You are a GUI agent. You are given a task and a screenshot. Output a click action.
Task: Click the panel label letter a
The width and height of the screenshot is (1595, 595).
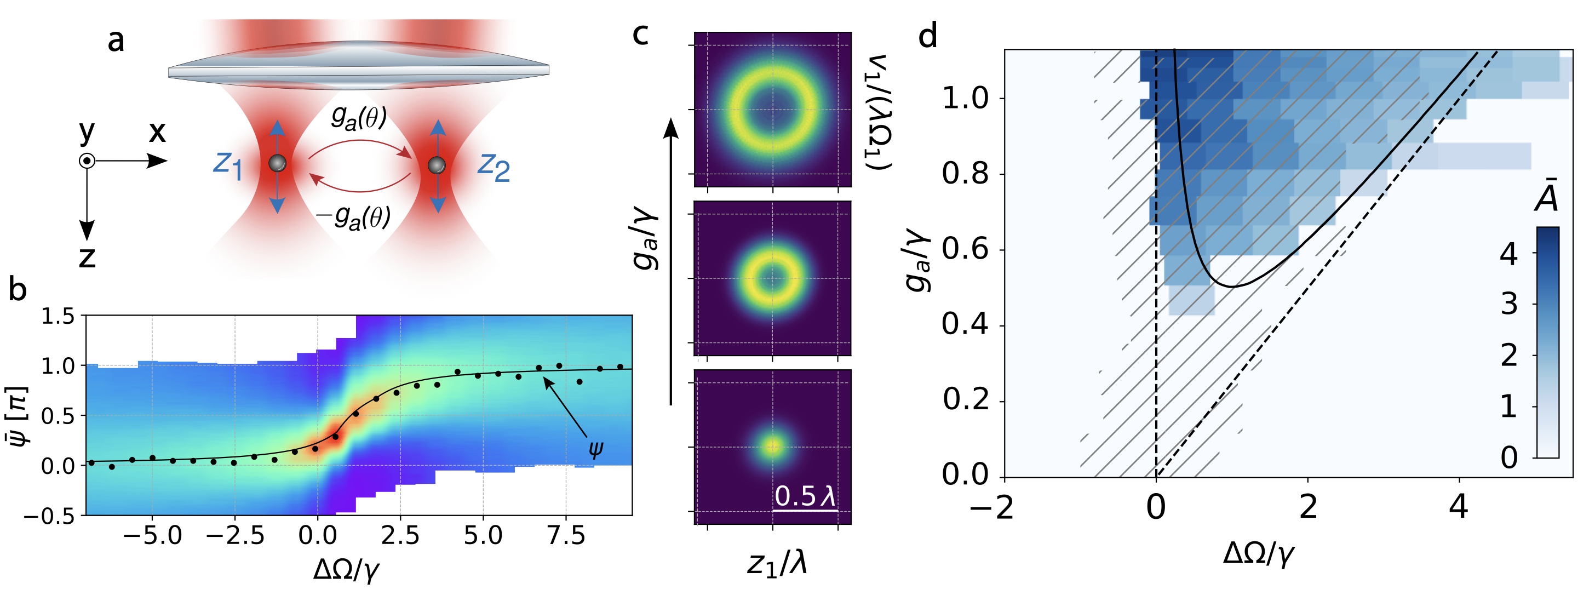tap(116, 42)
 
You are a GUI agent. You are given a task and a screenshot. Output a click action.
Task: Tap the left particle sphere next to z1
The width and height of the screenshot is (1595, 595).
tap(277, 163)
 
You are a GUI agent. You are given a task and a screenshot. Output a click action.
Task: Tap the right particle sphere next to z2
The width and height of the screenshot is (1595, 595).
tap(437, 165)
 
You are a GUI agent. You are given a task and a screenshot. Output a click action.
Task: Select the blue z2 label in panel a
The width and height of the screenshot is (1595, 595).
tap(494, 167)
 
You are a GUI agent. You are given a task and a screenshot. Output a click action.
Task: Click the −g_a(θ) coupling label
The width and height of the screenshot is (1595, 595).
tap(353, 217)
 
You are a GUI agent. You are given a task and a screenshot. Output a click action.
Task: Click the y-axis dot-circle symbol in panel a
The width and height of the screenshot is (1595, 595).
tap(87, 162)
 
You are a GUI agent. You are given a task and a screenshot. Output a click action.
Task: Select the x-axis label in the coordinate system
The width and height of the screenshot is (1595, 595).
tap(157, 132)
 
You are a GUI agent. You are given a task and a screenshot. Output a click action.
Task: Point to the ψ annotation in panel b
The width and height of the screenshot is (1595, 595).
tap(595, 448)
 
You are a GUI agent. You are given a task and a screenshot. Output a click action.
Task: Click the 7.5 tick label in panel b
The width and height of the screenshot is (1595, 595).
tap(566, 536)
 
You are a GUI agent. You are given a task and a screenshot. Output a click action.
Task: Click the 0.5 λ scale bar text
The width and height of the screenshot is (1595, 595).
tap(805, 496)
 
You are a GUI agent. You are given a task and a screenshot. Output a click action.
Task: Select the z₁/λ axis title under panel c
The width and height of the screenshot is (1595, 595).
tap(777, 563)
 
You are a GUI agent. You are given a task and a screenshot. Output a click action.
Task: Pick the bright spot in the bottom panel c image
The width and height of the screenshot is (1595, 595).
tap(772, 446)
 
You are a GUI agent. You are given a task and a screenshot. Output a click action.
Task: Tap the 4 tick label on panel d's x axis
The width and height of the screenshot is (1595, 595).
tap(1459, 508)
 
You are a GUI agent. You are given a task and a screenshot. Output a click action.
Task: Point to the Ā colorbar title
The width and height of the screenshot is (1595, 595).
tap(1546, 197)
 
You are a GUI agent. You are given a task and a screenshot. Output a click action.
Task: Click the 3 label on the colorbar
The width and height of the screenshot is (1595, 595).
tap(1510, 305)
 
